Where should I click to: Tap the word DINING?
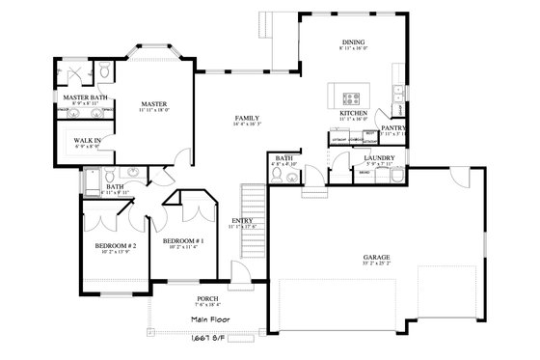click(x=353, y=42)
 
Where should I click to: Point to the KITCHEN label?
click(x=354, y=112)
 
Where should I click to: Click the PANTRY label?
click(x=392, y=127)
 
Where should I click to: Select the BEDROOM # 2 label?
click(x=115, y=246)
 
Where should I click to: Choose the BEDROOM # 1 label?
click(x=181, y=240)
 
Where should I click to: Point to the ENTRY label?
click(x=242, y=220)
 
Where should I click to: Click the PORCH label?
click(x=180, y=299)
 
